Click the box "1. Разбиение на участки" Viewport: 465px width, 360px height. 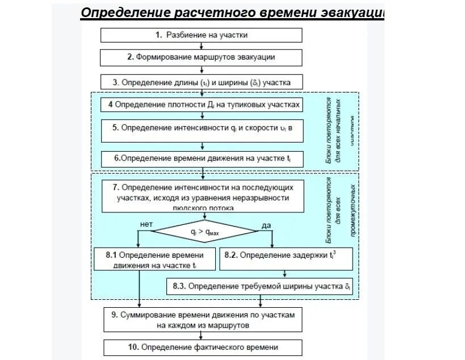point(202,35)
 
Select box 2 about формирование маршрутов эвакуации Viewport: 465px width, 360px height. point(202,57)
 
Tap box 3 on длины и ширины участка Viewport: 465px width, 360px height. point(202,82)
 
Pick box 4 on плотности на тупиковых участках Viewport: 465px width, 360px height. point(202,105)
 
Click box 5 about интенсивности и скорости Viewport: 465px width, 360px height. point(202,128)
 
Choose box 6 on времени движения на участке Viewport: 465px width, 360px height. point(202,158)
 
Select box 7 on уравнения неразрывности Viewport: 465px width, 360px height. point(202,196)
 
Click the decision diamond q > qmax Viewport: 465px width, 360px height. point(207,232)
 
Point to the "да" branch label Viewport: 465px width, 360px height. point(266,225)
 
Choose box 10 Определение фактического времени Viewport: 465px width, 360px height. point(202,347)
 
